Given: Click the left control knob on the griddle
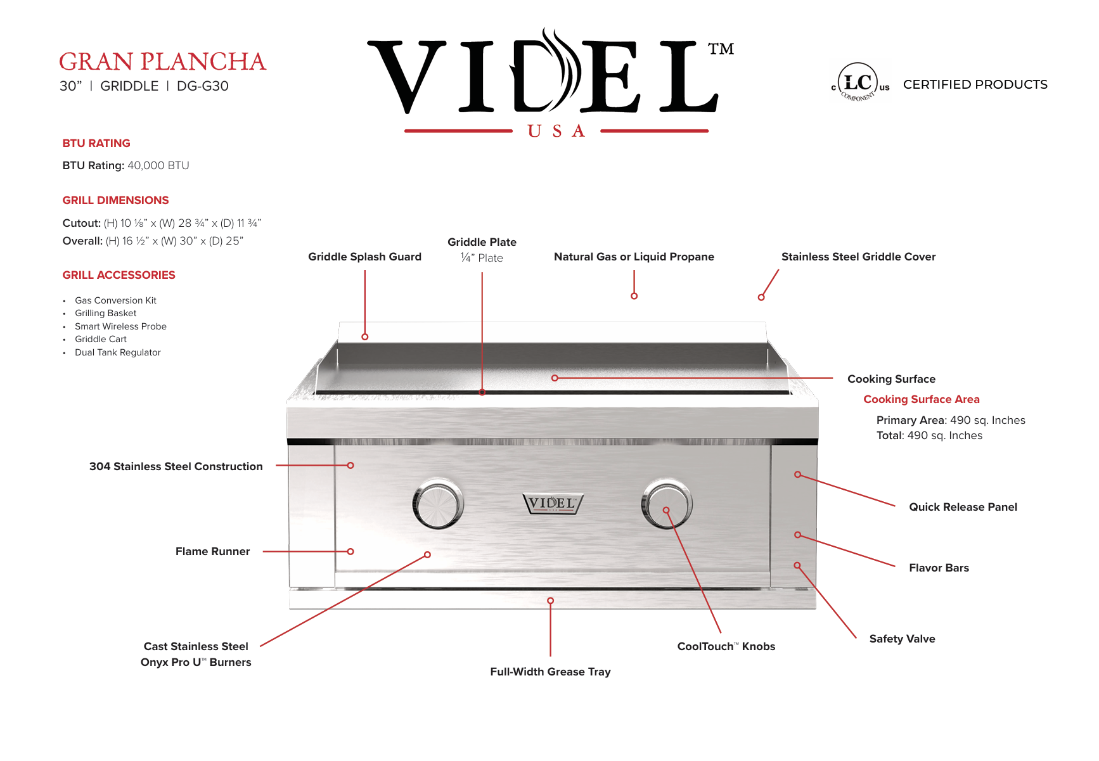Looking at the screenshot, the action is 438,504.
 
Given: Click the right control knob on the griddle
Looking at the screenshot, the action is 667,504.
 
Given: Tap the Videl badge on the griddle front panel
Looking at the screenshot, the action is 553,504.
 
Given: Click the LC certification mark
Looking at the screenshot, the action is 860,82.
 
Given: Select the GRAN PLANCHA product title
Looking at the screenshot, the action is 162,61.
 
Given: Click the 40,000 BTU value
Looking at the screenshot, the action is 158,165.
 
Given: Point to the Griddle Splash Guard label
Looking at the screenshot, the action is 364,257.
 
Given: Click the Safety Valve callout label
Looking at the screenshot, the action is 902,639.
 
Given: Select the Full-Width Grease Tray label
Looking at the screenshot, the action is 550,672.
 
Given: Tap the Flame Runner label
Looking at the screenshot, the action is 212,551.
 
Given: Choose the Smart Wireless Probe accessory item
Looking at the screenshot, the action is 120,326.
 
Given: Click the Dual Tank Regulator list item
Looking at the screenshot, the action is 118,352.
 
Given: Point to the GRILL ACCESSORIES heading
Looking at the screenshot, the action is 119,275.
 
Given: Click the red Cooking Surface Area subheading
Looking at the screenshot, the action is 922,399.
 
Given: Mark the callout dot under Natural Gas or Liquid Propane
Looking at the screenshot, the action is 634,296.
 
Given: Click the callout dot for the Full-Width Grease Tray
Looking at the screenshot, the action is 550,601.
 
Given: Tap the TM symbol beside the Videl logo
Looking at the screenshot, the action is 721,49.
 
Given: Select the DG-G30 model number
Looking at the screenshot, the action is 203,86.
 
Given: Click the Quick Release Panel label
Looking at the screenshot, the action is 963,507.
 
